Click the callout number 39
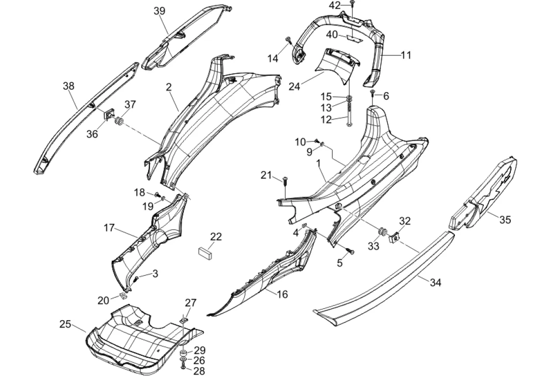click(x=159, y=11)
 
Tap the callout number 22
click(x=216, y=236)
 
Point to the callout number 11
click(x=406, y=55)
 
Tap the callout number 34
click(x=436, y=282)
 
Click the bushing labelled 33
click(x=381, y=233)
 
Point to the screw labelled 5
click(x=351, y=251)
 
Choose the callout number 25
click(x=65, y=324)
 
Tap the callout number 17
click(x=109, y=228)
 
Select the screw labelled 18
click(x=158, y=194)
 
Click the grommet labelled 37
click(x=119, y=122)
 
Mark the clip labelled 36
click(x=109, y=113)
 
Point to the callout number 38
click(x=69, y=86)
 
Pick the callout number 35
click(x=505, y=220)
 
